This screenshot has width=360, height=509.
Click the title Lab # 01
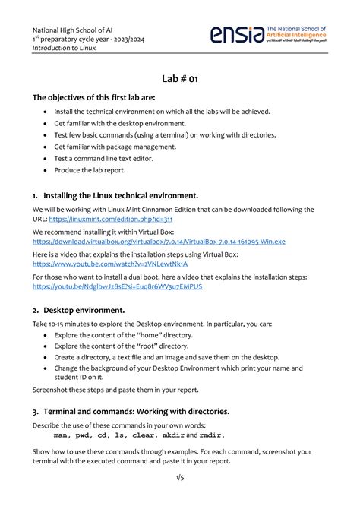179,78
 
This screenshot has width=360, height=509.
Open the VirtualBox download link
159,241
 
